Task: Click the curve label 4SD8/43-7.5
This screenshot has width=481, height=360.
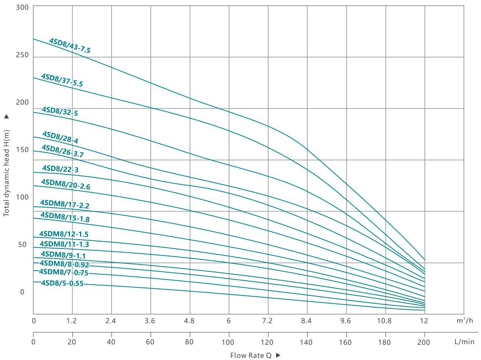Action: (x=70, y=45)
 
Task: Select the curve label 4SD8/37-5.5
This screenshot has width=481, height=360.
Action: (x=62, y=80)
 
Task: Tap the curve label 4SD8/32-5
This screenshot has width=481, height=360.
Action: (x=60, y=111)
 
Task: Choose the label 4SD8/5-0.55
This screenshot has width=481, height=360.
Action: (x=62, y=283)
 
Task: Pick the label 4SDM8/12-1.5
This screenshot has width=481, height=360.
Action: (x=64, y=234)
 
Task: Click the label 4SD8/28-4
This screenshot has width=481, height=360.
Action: (x=60, y=137)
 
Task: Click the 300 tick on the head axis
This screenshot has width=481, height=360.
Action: (x=23, y=7)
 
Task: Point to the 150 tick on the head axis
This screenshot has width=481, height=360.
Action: (x=23, y=150)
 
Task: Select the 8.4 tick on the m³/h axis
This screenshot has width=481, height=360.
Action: (x=307, y=321)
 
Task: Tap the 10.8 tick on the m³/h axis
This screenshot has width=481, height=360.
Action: (x=385, y=321)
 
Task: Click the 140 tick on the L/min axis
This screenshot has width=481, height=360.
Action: (x=307, y=342)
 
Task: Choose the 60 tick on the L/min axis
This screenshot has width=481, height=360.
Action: (x=150, y=342)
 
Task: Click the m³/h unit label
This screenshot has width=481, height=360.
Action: (x=465, y=321)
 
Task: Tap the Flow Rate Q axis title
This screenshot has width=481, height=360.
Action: (x=251, y=355)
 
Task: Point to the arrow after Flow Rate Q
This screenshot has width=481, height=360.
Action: (x=278, y=355)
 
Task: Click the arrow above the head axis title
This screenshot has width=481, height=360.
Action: (x=6, y=116)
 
